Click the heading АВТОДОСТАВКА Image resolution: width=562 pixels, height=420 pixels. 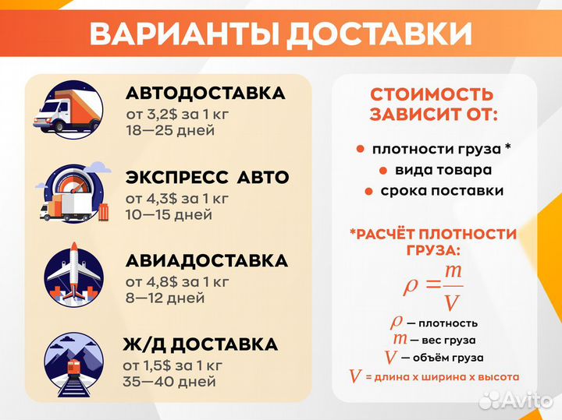pyautogui.click(x=205, y=94)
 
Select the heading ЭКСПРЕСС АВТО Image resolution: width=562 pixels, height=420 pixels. pyautogui.click(x=207, y=178)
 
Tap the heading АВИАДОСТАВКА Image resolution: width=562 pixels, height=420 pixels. pyautogui.click(x=207, y=261)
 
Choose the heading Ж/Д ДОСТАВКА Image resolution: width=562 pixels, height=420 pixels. pyautogui.click(x=201, y=344)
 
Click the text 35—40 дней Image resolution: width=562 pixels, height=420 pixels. pyautogui.click(x=169, y=382)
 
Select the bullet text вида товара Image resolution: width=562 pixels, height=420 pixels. pyautogui.click(x=443, y=170)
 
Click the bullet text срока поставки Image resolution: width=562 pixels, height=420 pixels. pyautogui.click(x=442, y=191)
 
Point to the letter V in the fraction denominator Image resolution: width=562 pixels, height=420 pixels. pyautogui.click(x=451, y=302)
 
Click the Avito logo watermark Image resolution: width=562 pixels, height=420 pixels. pyautogui.click(x=515, y=399)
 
